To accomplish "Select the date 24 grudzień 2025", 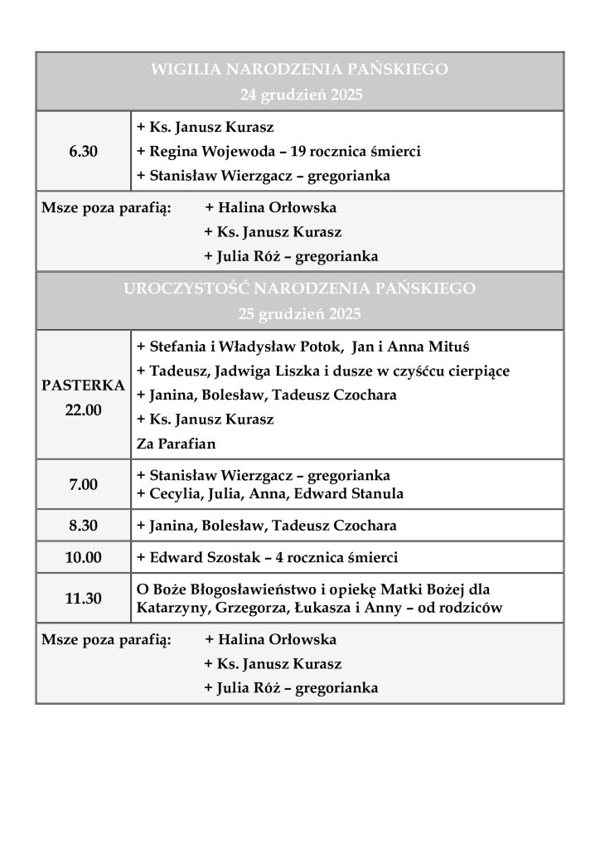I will tap(301, 95).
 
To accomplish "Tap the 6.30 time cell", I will tap(83, 152).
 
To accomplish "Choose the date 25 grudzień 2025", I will tap(300, 314).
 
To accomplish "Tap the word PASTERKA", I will tap(83, 386).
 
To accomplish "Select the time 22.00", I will tap(83, 410).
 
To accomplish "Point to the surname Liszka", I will tap(310, 371).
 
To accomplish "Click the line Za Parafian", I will tap(176, 444).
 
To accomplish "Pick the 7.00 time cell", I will tap(83, 484).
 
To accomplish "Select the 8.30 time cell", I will tap(83, 526).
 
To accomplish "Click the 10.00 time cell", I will tap(83, 557).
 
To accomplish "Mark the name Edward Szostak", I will tap(199, 557).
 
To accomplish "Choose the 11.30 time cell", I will tap(83, 598).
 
